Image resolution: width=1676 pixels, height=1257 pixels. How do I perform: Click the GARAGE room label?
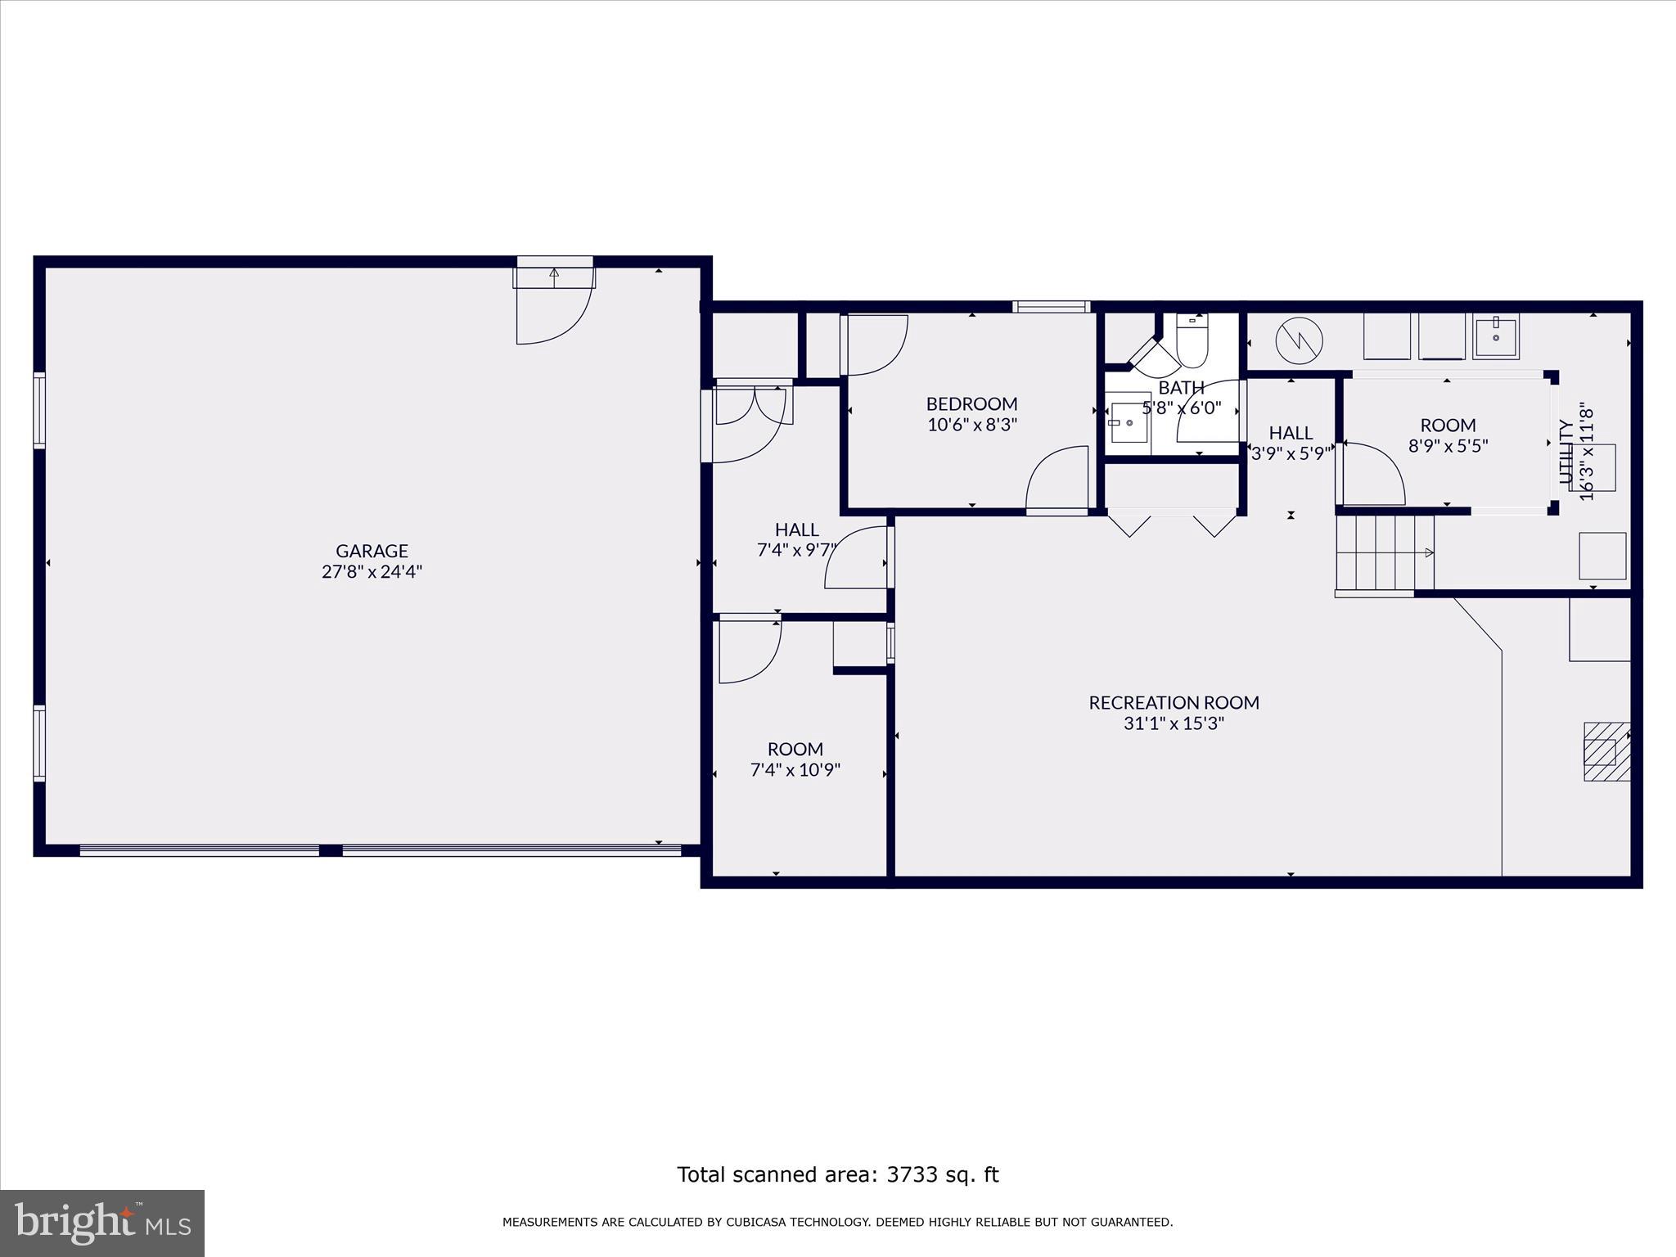click(372, 551)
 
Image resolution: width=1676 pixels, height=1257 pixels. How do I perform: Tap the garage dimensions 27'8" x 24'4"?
click(372, 572)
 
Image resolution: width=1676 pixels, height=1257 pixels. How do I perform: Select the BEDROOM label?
click(971, 403)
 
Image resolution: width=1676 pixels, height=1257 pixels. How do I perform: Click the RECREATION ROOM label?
click(1174, 702)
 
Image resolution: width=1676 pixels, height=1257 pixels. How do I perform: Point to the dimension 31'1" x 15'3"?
click(1174, 723)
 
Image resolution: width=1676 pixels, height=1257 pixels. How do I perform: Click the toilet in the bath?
click(1192, 341)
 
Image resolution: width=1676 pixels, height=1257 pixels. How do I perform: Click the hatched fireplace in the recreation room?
click(1606, 751)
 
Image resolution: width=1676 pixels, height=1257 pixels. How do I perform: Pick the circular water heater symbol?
click(1299, 339)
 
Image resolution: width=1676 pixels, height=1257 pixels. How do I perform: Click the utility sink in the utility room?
click(1496, 337)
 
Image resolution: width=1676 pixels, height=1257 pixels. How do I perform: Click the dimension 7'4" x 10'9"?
click(795, 770)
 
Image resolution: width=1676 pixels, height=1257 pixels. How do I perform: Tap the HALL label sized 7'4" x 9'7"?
click(796, 529)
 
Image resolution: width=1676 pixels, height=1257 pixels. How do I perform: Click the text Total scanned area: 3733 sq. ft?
click(837, 1174)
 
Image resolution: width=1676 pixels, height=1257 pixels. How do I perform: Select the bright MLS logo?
click(101, 1222)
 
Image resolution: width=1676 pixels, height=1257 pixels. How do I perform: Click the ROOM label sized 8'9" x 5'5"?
click(1448, 425)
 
